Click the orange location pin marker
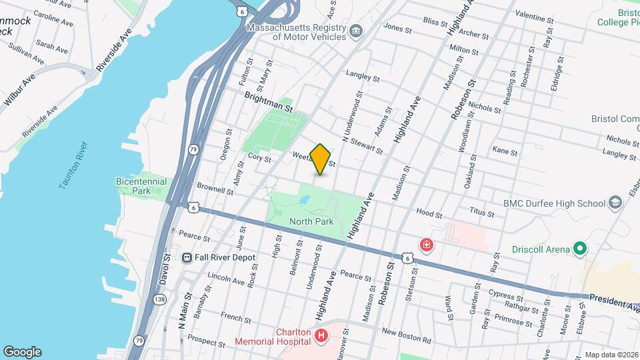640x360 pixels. (321, 159)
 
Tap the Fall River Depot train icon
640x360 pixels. (188, 257)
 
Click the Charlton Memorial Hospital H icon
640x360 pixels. (321, 335)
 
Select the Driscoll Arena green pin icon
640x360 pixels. (580, 249)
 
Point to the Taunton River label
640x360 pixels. (73, 165)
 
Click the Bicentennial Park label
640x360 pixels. (132, 185)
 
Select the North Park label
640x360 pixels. (306, 221)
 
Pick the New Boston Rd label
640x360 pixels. (406, 336)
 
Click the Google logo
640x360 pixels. (22, 352)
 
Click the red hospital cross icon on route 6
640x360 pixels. (425, 245)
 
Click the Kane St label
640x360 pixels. (505, 152)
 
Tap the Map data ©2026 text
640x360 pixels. (610, 355)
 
